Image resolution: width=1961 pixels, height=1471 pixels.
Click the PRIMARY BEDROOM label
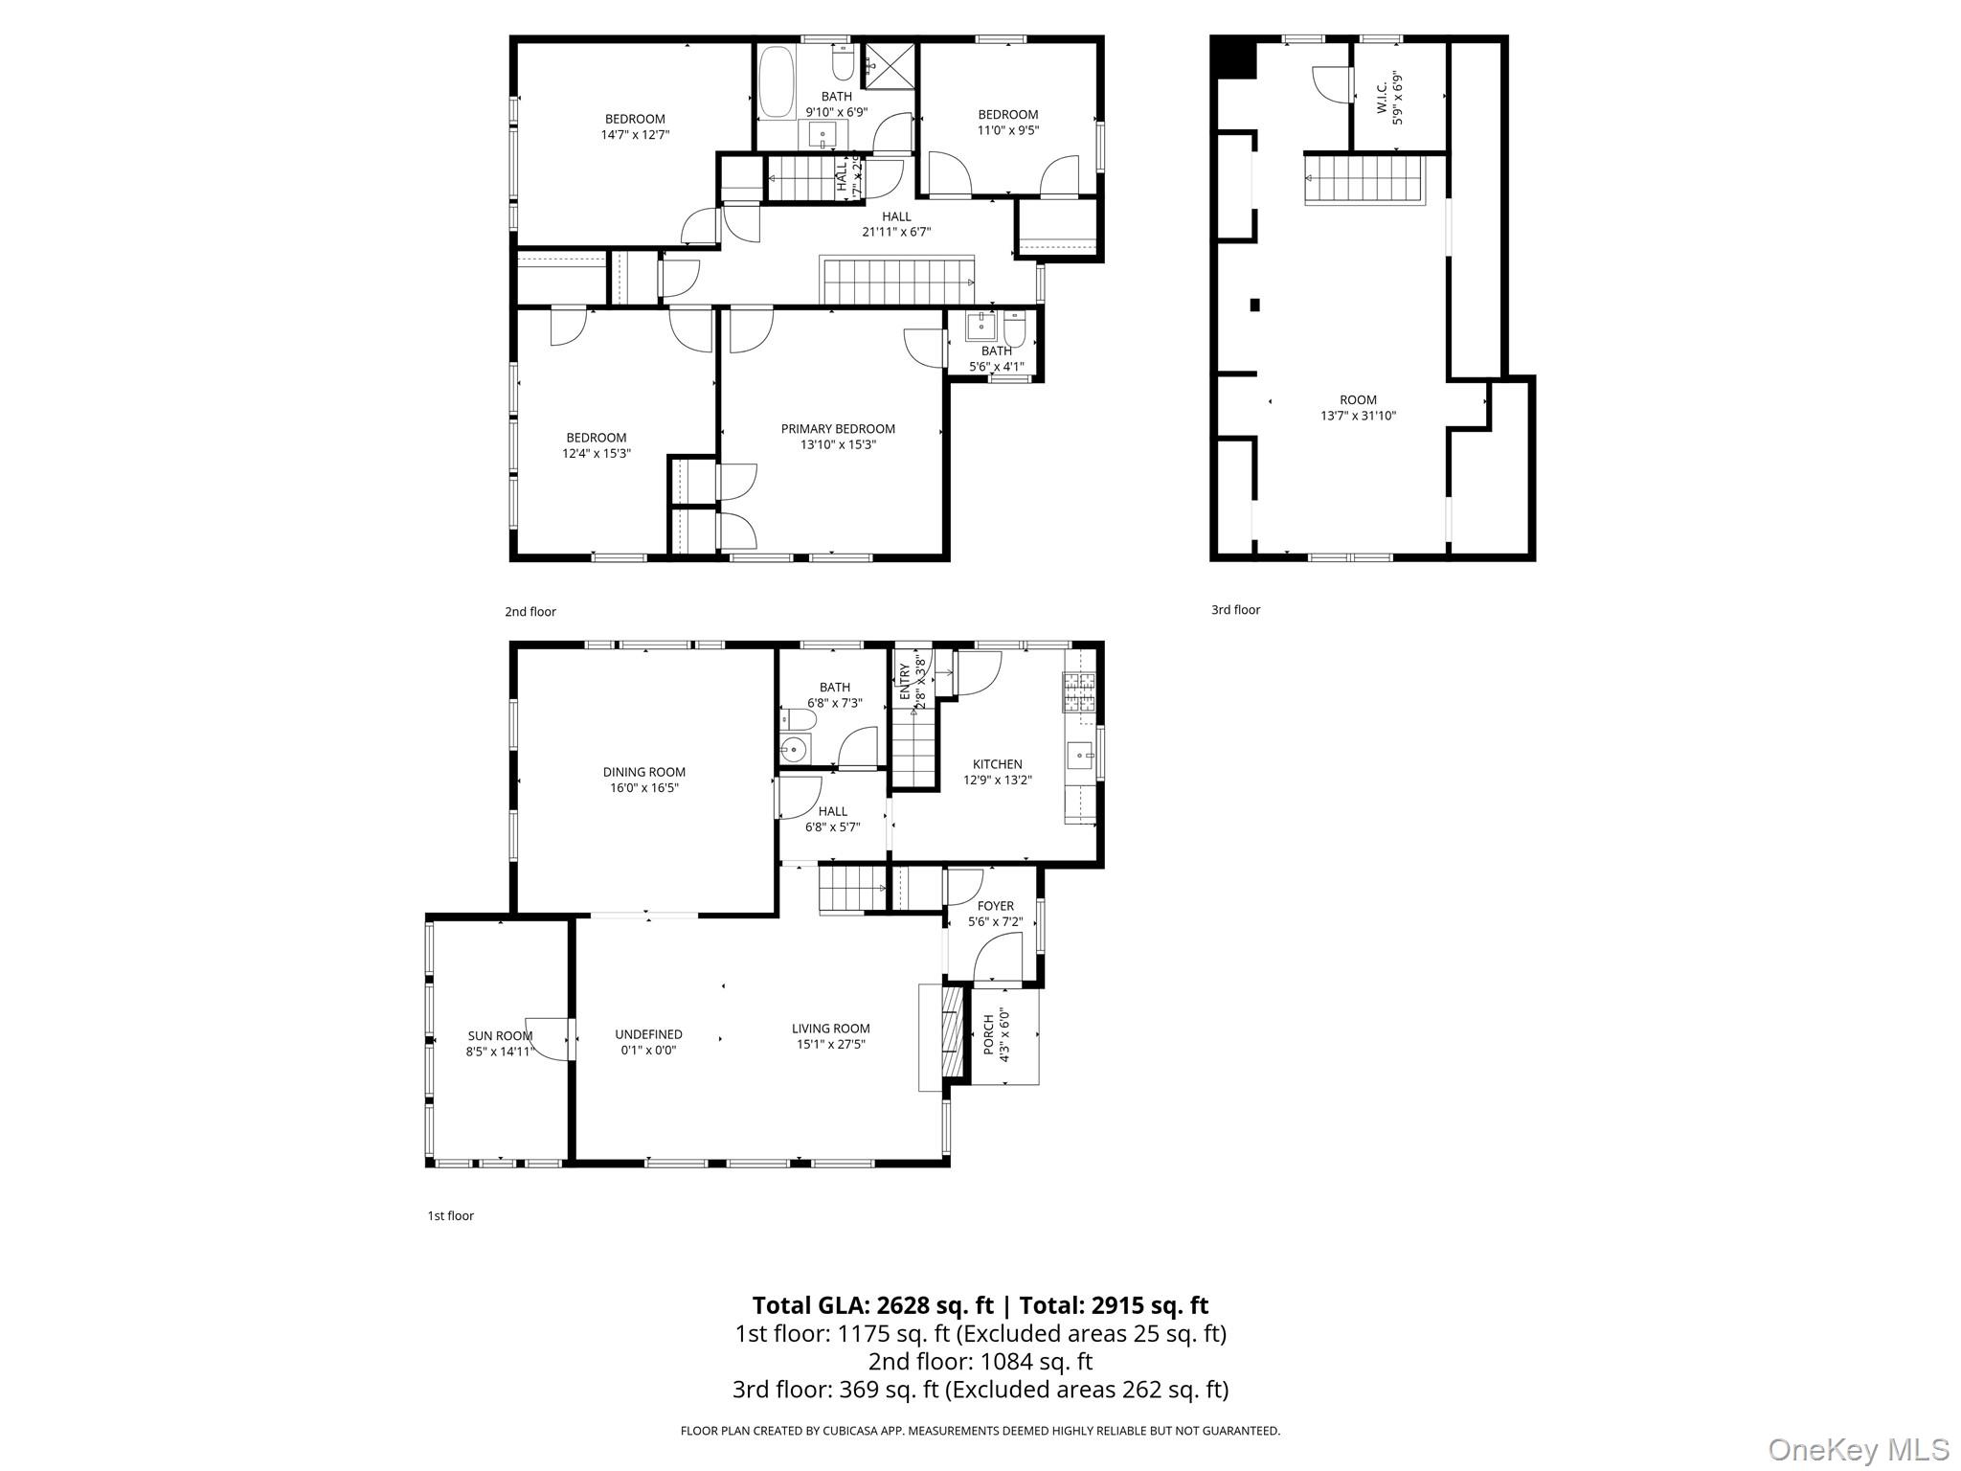point(838,429)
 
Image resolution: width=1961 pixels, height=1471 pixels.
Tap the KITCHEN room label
point(997,764)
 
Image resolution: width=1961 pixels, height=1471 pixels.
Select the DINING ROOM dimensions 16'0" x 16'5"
point(644,788)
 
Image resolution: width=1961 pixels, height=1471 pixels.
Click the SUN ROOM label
point(500,1035)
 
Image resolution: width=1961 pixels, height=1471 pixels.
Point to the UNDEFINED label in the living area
point(648,1034)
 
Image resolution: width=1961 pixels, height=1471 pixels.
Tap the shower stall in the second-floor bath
point(890,65)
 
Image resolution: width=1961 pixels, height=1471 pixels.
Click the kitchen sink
point(1081,756)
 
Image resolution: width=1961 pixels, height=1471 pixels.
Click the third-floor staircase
point(1364,180)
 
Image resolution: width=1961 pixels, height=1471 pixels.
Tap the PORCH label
point(989,1035)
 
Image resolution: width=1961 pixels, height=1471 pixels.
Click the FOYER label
point(996,906)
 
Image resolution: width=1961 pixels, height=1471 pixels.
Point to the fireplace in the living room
point(950,1035)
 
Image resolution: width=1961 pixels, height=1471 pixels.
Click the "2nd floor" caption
point(530,612)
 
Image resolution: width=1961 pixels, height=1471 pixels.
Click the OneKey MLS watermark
point(1858,1448)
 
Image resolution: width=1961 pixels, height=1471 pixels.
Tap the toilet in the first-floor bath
point(797,718)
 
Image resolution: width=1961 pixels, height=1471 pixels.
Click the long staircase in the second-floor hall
point(897,282)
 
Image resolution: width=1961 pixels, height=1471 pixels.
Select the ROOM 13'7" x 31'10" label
point(1358,407)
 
